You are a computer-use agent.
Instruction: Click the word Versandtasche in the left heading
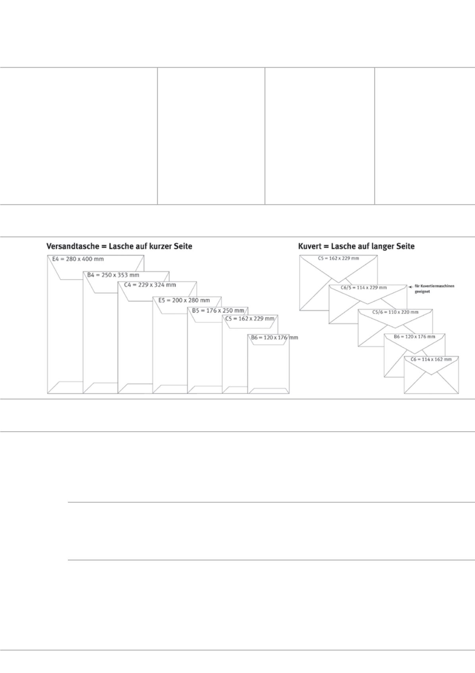(x=73, y=246)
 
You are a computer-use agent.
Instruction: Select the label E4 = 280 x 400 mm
(x=78, y=259)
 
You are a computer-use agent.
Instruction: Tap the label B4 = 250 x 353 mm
(x=113, y=275)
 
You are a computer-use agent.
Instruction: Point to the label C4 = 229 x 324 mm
(x=150, y=285)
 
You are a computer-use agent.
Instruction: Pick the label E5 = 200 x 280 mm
(x=184, y=300)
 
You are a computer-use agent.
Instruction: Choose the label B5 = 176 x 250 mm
(x=218, y=311)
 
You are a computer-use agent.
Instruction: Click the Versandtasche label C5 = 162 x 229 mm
(x=250, y=319)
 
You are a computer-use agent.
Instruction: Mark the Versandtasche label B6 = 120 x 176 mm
(x=274, y=337)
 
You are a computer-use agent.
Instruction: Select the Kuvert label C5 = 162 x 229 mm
(x=338, y=258)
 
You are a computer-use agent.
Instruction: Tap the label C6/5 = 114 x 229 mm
(x=364, y=288)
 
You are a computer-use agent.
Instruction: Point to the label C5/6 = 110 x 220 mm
(x=395, y=312)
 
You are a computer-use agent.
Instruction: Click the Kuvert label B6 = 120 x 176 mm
(x=414, y=336)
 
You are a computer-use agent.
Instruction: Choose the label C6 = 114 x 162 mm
(x=431, y=359)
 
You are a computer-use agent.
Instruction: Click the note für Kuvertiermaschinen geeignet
(x=434, y=289)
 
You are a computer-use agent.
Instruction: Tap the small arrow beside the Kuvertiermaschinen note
(x=411, y=287)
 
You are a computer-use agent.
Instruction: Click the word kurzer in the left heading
(x=161, y=246)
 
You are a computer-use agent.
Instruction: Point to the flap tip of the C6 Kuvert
(x=431, y=375)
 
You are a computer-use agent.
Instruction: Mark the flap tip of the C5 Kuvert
(x=338, y=282)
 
